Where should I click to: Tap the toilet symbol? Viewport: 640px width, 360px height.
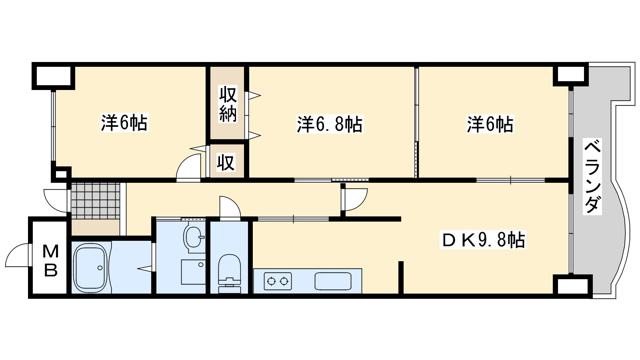(x=229, y=267)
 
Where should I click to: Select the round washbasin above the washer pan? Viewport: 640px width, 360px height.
(x=194, y=238)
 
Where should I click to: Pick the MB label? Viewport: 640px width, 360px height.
(x=48, y=259)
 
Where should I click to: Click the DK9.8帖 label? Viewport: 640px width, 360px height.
(x=484, y=240)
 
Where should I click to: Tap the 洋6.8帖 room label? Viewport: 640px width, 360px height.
(x=329, y=125)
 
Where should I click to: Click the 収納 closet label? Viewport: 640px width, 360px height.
(x=227, y=105)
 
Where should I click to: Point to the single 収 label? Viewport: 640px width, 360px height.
(x=227, y=162)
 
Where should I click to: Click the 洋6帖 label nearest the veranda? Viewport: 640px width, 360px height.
(x=489, y=125)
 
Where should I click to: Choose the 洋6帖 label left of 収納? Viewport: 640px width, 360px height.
(x=124, y=124)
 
